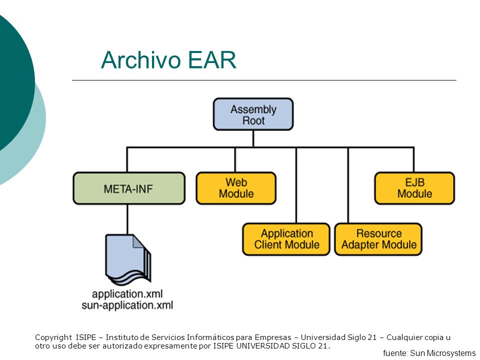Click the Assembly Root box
pyautogui.click(x=253, y=114)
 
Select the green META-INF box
pyautogui.click(x=129, y=188)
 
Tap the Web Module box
pyautogui.click(x=236, y=188)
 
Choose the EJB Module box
pyautogui.click(x=414, y=188)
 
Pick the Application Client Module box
pyautogui.click(x=286, y=239)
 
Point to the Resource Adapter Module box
pyautogui.click(x=378, y=239)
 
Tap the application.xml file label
pyautogui.click(x=127, y=294)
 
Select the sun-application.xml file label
pyautogui.click(x=127, y=305)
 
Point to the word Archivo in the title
pyautogui.click(x=141, y=59)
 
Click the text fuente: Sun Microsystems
pyautogui.click(x=429, y=353)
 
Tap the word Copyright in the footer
pyautogui.click(x=53, y=337)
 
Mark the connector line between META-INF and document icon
pyautogui.click(x=127, y=219)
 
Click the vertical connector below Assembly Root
pyautogui.click(x=253, y=139)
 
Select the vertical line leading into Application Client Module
pyautogui.click(x=296, y=185)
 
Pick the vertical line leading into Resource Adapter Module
pyautogui.click(x=348, y=185)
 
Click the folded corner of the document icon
pyautogui.click(x=138, y=241)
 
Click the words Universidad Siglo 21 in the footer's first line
pyautogui.click(x=338, y=337)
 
